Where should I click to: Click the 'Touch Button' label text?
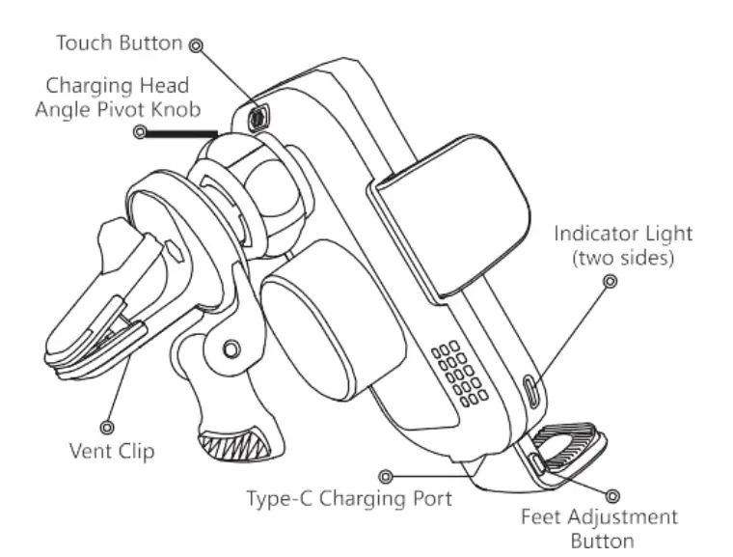coord(119,43)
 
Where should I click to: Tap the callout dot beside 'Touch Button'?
coord(197,44)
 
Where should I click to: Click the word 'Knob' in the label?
coord(177,109)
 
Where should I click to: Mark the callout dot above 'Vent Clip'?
coord(106,426)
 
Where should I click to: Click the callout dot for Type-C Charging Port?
coord(386,476)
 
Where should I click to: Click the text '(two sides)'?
coord(623,259)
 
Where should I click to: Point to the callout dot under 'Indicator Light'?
coord(609,281)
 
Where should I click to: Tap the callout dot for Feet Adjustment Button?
coord(612,495)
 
